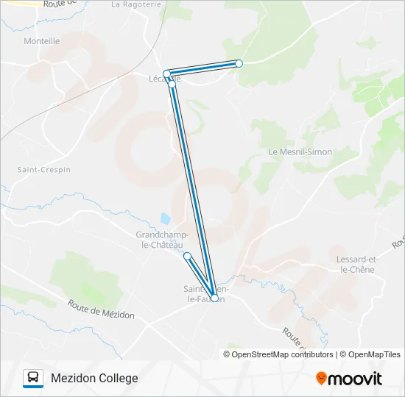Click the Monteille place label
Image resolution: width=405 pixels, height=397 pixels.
click(x=42, y=41)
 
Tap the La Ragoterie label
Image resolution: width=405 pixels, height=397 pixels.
click(x=135, y=4)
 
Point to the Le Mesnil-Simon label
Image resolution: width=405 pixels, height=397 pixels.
click(x=300, y=152)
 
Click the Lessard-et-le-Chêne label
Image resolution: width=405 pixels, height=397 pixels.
click(x=356, y=265)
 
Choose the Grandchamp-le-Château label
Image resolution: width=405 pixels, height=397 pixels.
click(x=163, y=240)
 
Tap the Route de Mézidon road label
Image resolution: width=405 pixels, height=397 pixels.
click(x=101, y=309)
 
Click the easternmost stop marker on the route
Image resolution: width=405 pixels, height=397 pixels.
click(x=239, y=63)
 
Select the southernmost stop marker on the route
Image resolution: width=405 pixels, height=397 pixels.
click(x=214, y=298)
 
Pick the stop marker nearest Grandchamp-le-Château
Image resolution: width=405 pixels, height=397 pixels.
click(x=187, y=256)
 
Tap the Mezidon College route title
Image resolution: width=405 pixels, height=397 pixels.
click(x=94, y=378)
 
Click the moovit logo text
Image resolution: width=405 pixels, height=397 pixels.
click(x=355, y=379)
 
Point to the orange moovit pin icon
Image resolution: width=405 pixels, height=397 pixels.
click(x=321, y=379)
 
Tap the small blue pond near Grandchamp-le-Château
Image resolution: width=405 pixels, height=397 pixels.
click(x=166, y=219)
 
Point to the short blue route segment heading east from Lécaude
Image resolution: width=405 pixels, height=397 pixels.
click(x=203, y=68)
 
